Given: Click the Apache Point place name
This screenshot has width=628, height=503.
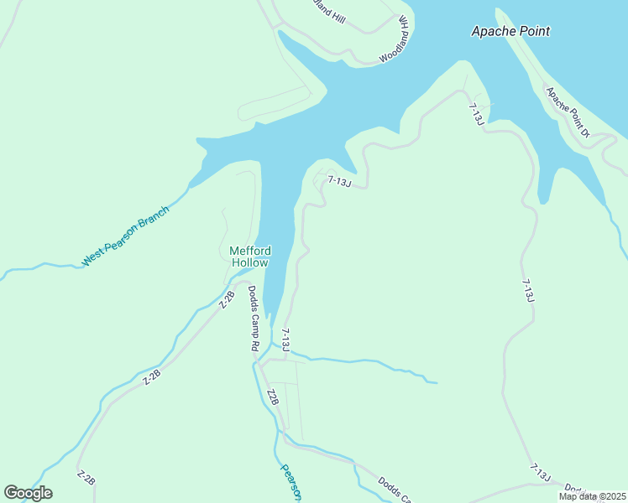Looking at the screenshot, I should [510, 31].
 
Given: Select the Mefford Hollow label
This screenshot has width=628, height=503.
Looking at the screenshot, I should [249, 257].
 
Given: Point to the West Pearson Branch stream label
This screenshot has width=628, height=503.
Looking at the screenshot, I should [125, 236].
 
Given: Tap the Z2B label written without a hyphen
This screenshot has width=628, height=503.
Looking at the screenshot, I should [272, 397].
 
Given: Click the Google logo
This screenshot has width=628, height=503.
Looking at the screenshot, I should [28, 493].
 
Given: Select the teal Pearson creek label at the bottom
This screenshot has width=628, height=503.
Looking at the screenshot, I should [290, 482].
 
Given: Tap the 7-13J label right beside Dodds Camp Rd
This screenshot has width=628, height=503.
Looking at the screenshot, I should [285, 339].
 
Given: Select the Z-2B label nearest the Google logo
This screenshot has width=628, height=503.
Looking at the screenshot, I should [86, 479].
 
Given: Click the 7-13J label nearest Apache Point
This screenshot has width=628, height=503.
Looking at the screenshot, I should [475, 115].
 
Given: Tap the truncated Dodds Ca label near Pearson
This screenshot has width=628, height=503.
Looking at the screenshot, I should [394, 490].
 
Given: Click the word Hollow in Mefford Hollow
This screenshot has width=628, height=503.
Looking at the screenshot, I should [249, 263].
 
